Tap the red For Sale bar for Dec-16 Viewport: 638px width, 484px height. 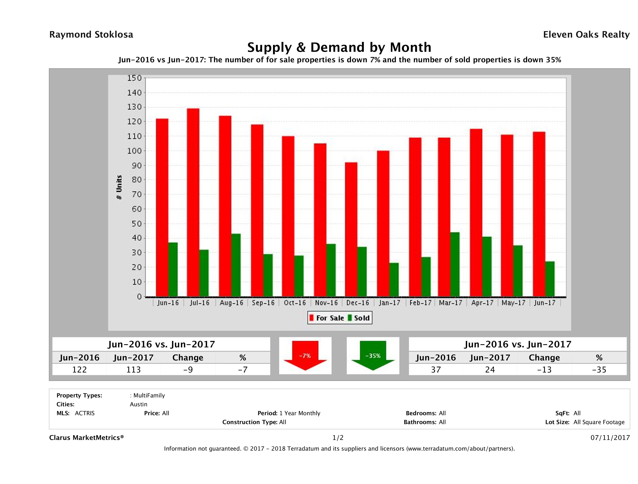pos(351,230)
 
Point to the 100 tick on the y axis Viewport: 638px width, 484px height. pos(134,151)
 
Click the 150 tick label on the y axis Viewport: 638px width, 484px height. pos(134,78)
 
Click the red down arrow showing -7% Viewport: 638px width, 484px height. pos(305,356)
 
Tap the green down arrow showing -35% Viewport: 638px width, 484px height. pos(373,356)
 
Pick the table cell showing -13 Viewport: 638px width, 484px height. pos(544,370)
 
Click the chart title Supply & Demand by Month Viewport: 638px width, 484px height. pos(339,47)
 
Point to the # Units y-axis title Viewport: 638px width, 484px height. pos(119,187)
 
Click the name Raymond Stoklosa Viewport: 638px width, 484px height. pos(91,35)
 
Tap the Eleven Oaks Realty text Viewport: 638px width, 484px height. pos(586,35)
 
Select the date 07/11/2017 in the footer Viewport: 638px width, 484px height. pos(610,438)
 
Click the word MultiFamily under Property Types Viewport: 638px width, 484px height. pos(149,395)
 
